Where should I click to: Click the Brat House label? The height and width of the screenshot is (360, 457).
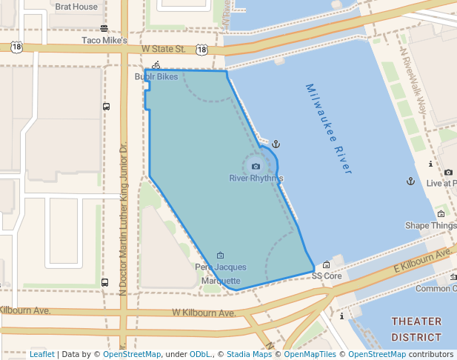76,7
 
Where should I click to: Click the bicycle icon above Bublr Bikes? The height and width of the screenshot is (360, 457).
156,65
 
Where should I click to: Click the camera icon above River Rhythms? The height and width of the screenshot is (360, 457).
256,167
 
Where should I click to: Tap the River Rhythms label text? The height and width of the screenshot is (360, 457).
256,179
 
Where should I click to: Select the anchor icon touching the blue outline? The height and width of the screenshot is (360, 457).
276,144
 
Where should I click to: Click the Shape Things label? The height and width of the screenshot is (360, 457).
430,225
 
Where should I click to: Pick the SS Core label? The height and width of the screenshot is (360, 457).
326,276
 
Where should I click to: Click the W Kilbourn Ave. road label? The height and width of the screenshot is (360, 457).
203,313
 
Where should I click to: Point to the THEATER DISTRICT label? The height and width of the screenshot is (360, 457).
416,329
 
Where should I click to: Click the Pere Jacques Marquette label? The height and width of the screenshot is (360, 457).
220,273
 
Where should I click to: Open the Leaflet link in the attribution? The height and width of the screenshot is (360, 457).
41,355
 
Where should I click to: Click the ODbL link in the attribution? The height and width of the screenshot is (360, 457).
200,355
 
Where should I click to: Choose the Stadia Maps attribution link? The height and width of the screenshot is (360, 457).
250,355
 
